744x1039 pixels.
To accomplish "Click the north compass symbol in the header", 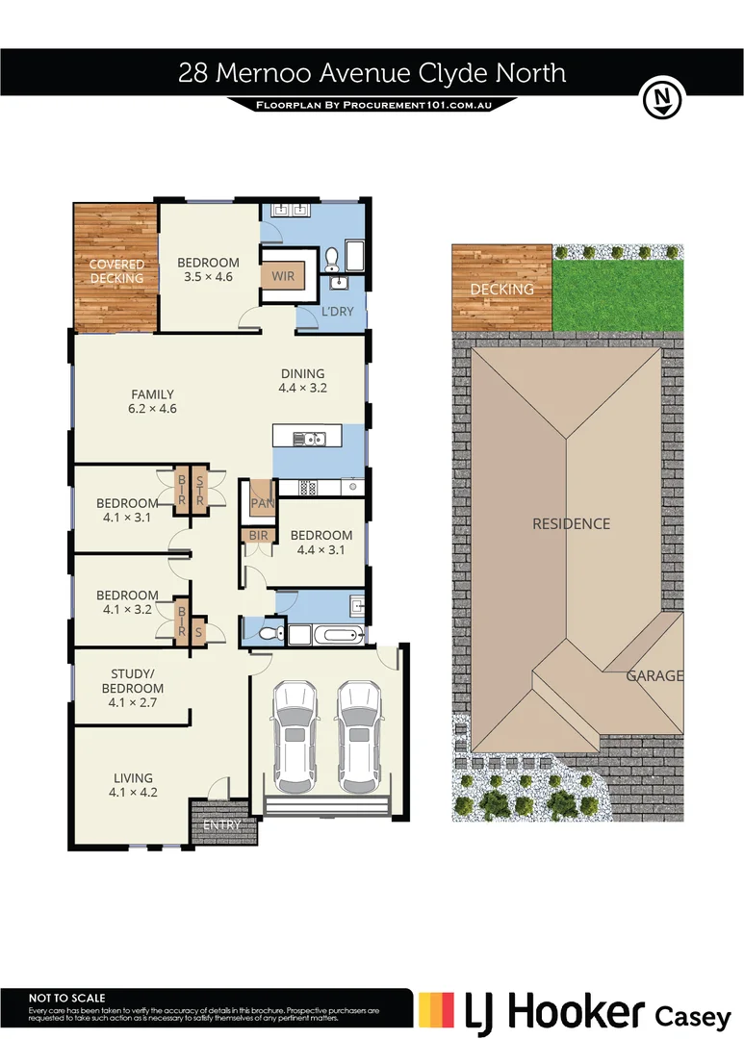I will [x=661, y=98].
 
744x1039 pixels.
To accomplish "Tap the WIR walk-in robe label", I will [x=283, y=276].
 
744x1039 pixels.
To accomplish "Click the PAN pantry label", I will [x=261, y=503].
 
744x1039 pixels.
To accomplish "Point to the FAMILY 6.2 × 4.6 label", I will [x=153, y=401].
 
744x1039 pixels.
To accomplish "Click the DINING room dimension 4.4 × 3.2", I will [x=302, y=389].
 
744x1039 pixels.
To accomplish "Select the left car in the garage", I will [x=293, y=730].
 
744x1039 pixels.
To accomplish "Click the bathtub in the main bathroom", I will [x=338, y=634].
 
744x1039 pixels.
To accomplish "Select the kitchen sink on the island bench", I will [x=310, y=440].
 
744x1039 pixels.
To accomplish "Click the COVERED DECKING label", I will [x=116, y=271].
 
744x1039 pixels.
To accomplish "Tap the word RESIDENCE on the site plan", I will [x=572, y=524].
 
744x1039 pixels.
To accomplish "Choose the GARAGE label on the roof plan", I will [x=654, y=675].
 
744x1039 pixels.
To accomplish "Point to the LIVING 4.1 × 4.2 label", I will [x=133, y=786].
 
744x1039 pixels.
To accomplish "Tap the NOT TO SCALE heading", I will [x=67, y=999].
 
